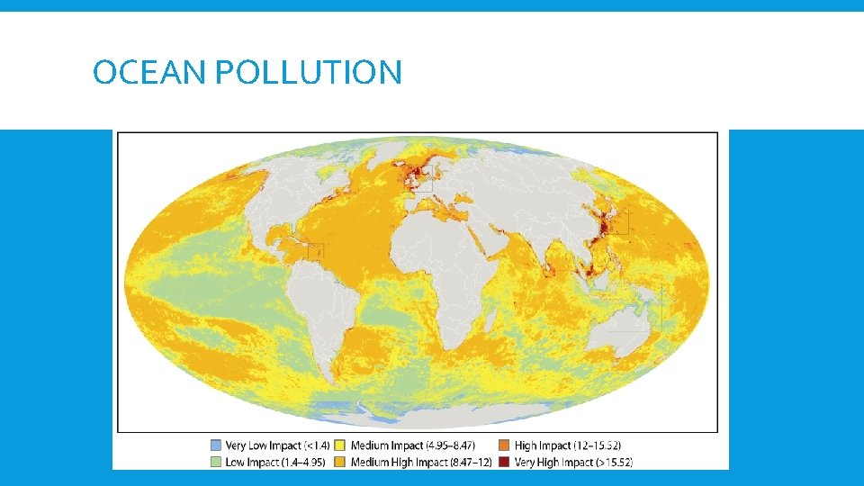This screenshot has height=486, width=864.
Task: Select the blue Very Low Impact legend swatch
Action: pyautogui.click(x=215, y=445)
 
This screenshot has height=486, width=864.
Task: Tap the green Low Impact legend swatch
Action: pyautogui.click(x=215, y=462)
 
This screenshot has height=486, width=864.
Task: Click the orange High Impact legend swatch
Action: pyautogui.click(x=504, y=445)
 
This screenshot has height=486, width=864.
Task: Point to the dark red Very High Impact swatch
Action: pyautogui.click(x=504, y=462)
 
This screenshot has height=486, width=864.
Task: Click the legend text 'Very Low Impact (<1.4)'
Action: pyautogui.click(x=278, y=445)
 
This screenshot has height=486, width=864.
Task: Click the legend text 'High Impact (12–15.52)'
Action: pyautogui.click(x=567, y=445)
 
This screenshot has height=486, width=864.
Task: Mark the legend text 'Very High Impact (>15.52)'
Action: pyautogui.click(x=574, y=462)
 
